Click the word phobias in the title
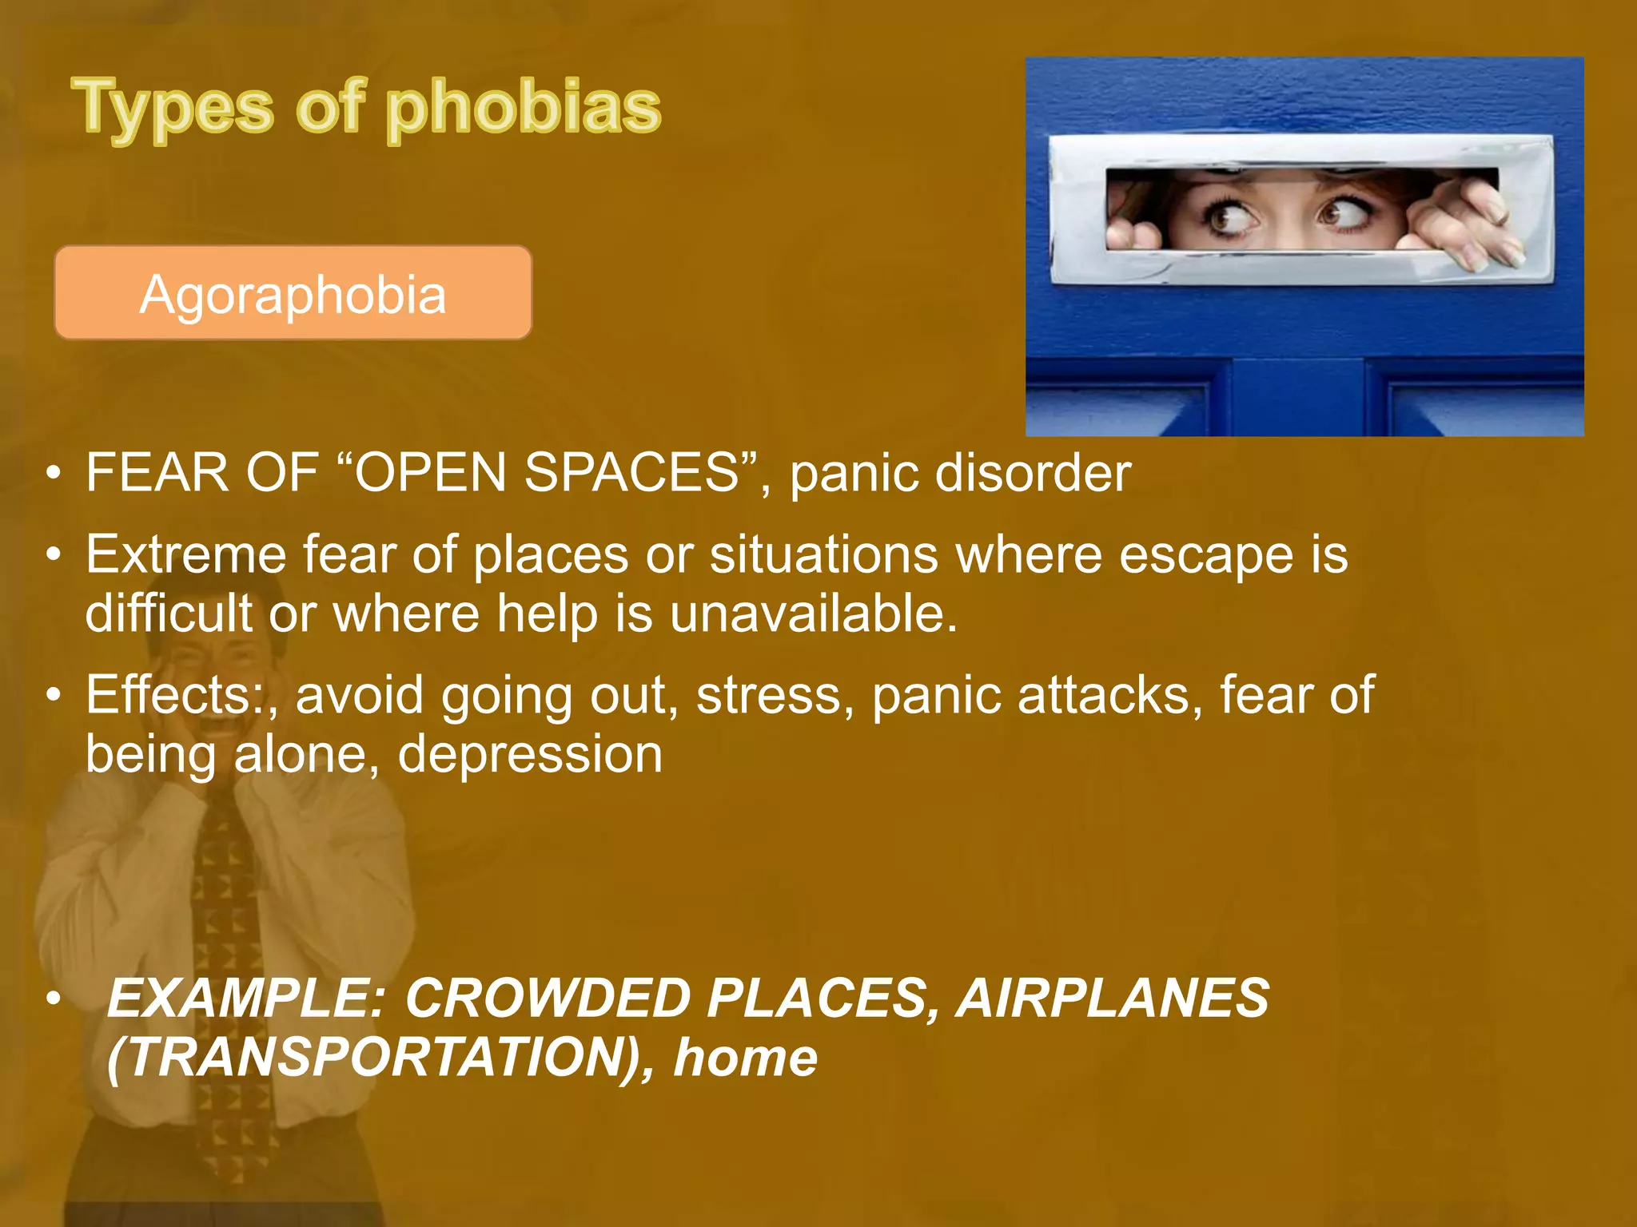click(x=524, y=108)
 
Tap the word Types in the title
click(x=172, y=108)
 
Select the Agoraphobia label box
click(x=293, y=293)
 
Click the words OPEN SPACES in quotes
click(x=547, y=473)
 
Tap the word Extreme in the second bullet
click(x=185, y=554)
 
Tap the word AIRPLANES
click(x=1113, y=998)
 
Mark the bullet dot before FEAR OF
click(x=53, y=473)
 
